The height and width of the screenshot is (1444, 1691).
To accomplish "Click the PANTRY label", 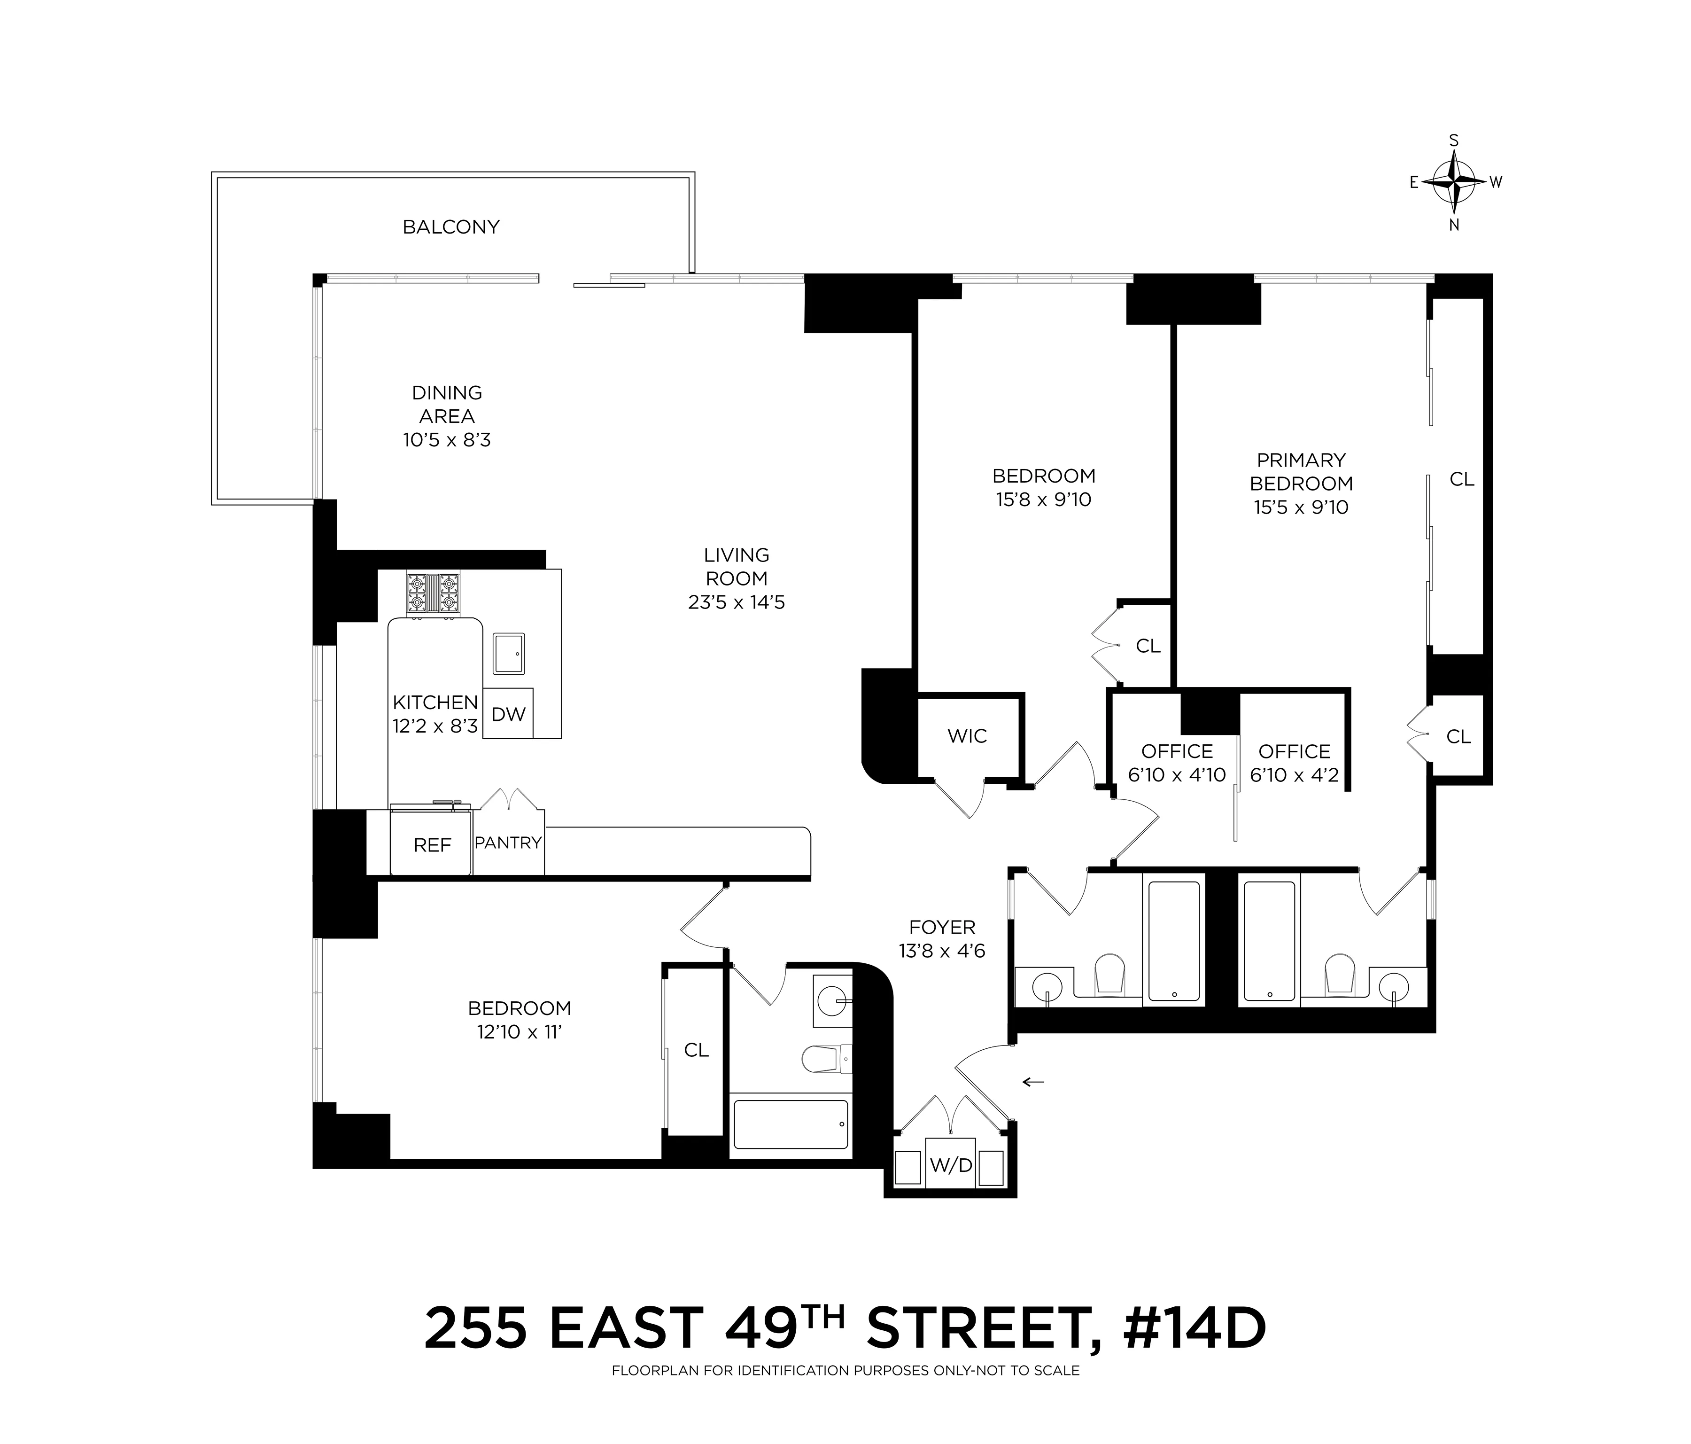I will tap(508, 843).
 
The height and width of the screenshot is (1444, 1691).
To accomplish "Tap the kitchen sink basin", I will tap(509, 653).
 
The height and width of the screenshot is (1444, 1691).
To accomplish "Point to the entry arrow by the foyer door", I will tap(1034, 1082).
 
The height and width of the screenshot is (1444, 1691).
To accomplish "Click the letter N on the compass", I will tap(1453, 226).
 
